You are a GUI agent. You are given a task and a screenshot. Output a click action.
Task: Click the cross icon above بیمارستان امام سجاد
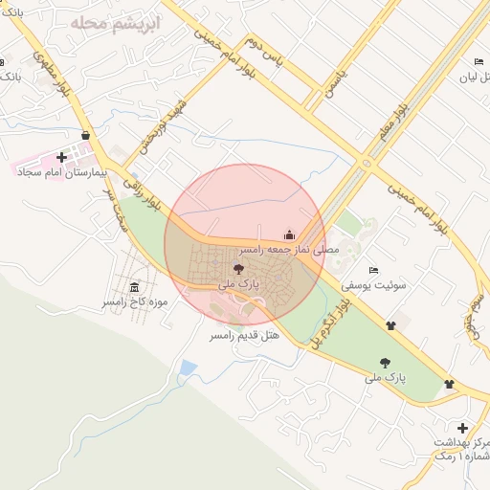pos(62,157)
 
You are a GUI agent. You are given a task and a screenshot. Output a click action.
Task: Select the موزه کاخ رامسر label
pos(136,303)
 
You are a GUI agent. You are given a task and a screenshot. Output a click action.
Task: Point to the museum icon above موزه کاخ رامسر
pos(133,288)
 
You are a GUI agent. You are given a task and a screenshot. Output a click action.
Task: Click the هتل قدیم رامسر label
pos(244,337)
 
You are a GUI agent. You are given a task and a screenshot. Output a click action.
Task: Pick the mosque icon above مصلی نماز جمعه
pos(290,234)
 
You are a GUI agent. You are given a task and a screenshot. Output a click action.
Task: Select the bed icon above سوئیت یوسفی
pos(373,269)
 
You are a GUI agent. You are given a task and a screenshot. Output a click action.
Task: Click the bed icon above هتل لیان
pos(479,62)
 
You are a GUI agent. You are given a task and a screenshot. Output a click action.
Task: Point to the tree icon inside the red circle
pos(238,269)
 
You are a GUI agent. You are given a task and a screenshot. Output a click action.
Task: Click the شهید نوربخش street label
pos(166,129)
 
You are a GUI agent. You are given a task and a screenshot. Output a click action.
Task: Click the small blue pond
pos(188,367)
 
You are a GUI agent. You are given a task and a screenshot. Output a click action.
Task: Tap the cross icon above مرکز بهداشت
pos(463,428)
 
